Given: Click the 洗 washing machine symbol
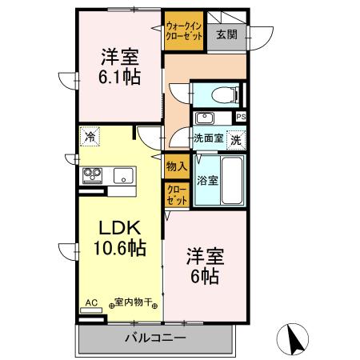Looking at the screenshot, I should click(x=237, y=138).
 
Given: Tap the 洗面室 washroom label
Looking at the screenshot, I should click(x=208, y=137).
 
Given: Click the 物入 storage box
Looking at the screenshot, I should click(x=176, y=167).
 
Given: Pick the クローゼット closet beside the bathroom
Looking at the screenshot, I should click(x=176, y=195).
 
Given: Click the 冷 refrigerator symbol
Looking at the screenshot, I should click(x=91, y=137).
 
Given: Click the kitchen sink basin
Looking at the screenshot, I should click(x=122, y=175).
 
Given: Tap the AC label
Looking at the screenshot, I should click(x=90, y=303).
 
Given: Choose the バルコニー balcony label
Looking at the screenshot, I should click(x=154, y=338).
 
